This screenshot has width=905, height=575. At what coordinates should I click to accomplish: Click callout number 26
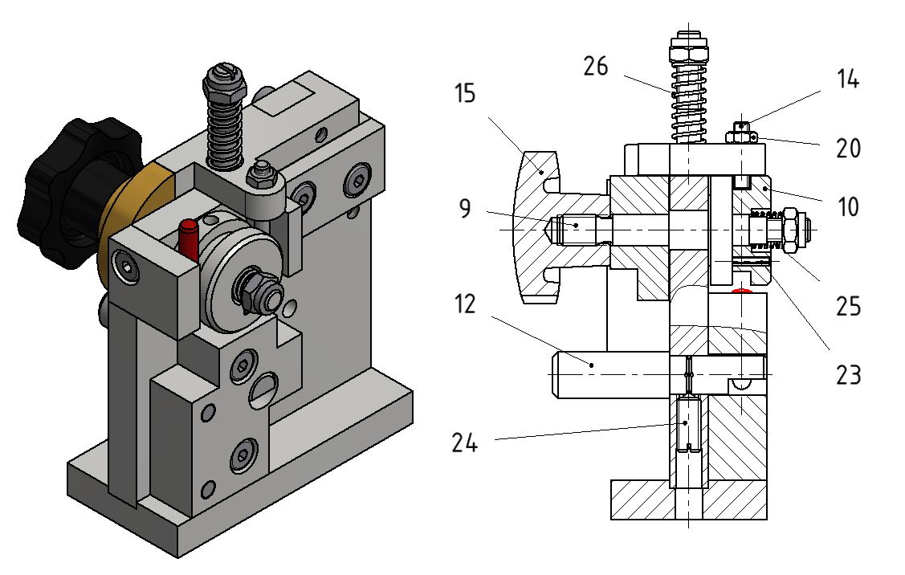click(x=596, y=66)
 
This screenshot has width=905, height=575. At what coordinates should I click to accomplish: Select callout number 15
click(x=465, y=93)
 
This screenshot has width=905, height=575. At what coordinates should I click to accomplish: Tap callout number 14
click(x=848, y=79)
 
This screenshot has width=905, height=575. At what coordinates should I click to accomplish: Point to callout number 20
click(x=849, y=149)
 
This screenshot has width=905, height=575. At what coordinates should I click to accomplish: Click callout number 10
click(x=848, y=206)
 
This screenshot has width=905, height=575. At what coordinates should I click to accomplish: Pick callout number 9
click(x=465, y=208)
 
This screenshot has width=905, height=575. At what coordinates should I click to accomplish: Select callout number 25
click(x=849, y=306)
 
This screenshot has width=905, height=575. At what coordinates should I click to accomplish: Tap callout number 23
click(x=849, y=375)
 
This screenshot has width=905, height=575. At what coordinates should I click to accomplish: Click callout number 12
click(x=465, y=304)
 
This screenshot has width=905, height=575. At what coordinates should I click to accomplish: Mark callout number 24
click(x=465, y=443)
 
